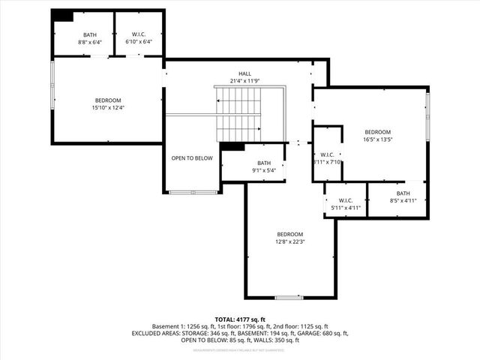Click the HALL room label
pyautogui.click(x=244, y=73)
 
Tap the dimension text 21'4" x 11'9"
pyautogui.click(x=244, y=81)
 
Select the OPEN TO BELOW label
pyautogui.click(x=192, y=158)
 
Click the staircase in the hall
pyautogui.click(x=238, y=112)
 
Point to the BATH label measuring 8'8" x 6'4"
pyautogui.click(x=90, y=34)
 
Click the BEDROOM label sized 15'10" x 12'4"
pyautogui.click(x=107, y=100)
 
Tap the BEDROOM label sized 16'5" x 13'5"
pyautogui.click(x=377, y=132)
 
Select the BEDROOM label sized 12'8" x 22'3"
pyautogui.click(x=289, y=234)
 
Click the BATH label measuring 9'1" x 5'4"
pyautogui.click(x=264, y=163)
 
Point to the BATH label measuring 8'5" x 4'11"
pyautogui.click(x=403, y=193)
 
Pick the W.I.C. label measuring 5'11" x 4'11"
pyautogui.click(x=346, y=200)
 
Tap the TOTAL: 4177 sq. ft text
pyautogui.click(x=240, y=319)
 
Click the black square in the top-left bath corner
pyautogui.click(x=63, y=16)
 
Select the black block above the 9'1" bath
pyautogui.click(x=233, y=146)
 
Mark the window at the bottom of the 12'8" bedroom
pyautogui.click(x=289, y=298)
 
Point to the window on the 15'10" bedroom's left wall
pyautogui.click(x=52, y=84)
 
